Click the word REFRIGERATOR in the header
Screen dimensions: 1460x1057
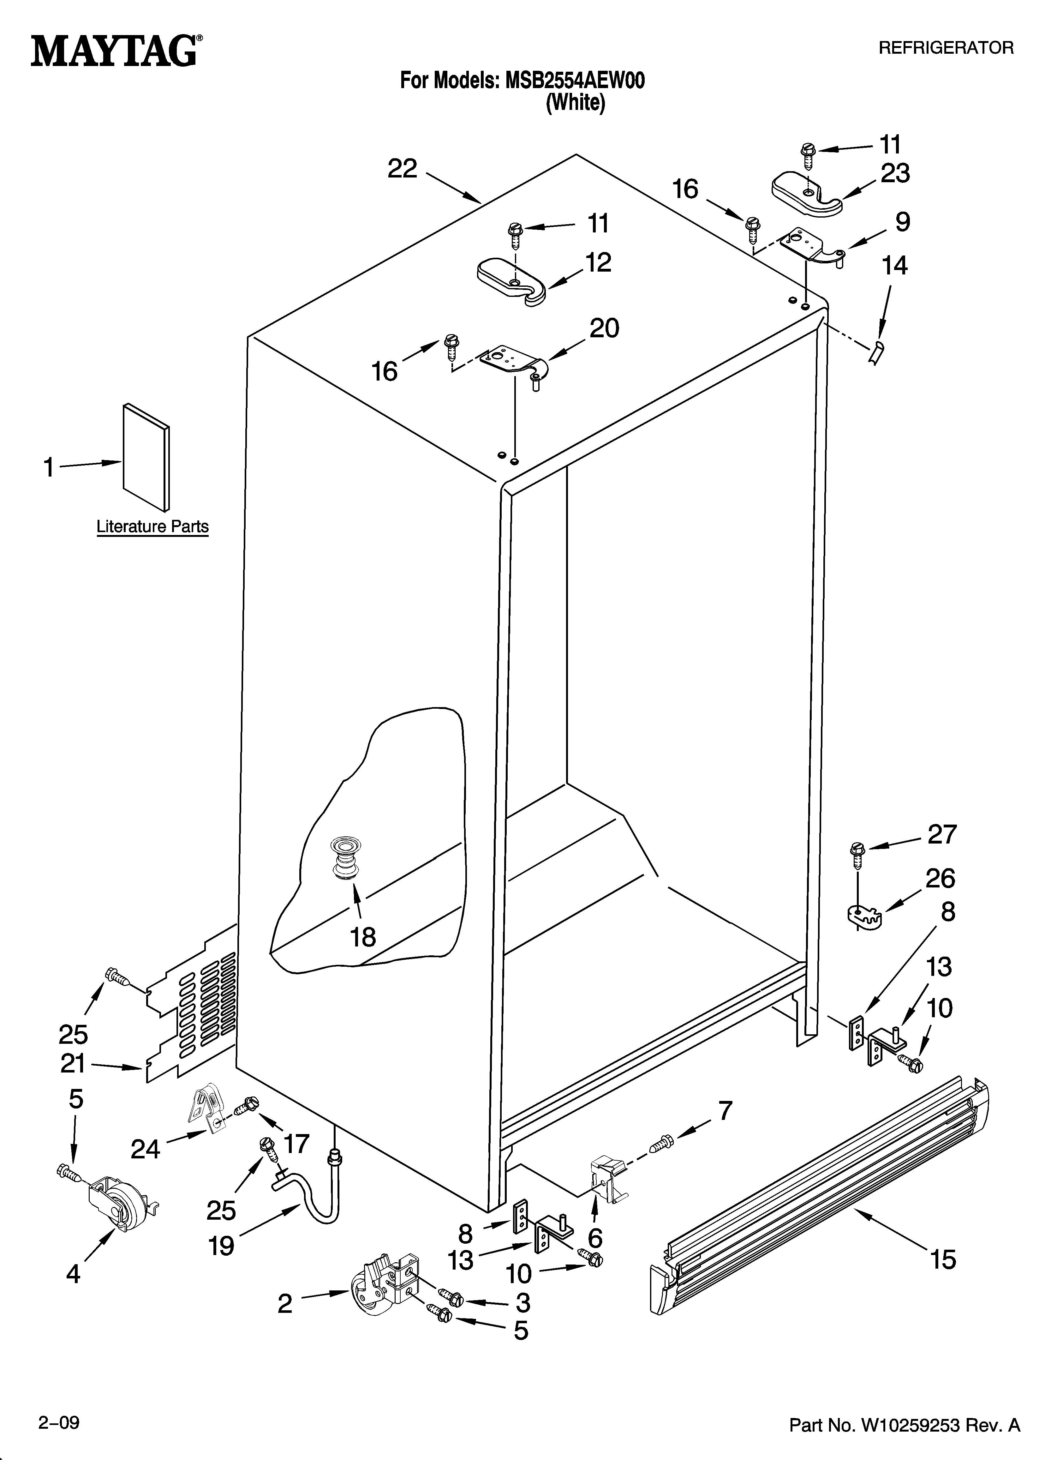pyautogui.click(x=946, y=48)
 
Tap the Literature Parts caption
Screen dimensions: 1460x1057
pyautogui.click(x=152, y=526)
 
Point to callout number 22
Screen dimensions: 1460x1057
pyautogui.click(x=402, y=169)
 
